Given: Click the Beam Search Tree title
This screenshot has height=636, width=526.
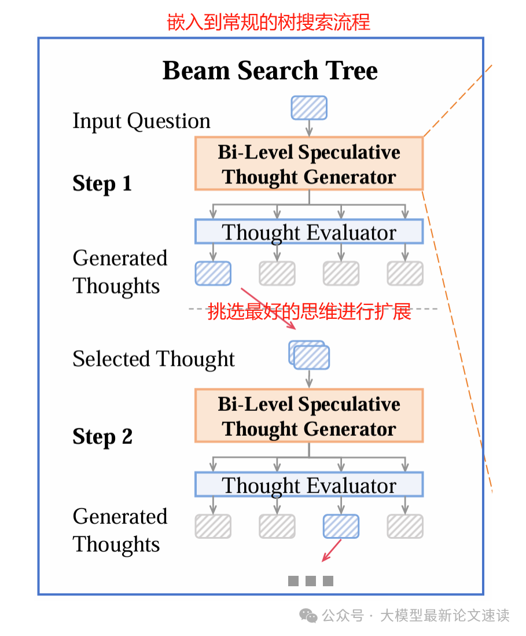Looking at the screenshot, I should click(x=270, y=71).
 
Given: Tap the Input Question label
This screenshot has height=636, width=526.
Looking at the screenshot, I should click(x=141, y=121).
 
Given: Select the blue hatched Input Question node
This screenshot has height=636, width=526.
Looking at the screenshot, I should click(x=308, y=108).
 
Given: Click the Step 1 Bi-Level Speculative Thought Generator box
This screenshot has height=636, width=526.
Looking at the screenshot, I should click(x=309, y=164).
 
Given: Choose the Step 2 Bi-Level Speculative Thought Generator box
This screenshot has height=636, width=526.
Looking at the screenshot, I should click(x=309, y=416).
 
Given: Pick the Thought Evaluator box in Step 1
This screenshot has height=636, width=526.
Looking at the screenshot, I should click(x=309, y=232).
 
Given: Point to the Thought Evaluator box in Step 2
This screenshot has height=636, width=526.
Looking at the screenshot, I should click(x=309, y=485).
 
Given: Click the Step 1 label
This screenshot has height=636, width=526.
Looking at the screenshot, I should click(x=102, y=183).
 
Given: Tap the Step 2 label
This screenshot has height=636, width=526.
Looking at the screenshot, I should click(x=102, y=436).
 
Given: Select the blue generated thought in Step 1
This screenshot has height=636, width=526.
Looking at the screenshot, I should click(x=213, y=273).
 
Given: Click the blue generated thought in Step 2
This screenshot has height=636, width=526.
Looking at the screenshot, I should click(x=341, y=526).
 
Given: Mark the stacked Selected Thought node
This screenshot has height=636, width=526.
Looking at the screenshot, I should click(x=310, y=355).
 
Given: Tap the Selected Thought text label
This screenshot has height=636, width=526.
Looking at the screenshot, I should click(x=153, y=359).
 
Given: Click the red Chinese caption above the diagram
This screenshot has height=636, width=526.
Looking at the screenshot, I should click(x=268, y=22).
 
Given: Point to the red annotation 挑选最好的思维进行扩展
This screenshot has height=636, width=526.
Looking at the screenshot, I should click(x=309, y=311).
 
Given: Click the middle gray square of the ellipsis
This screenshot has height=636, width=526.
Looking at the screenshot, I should click(x=311, y=581).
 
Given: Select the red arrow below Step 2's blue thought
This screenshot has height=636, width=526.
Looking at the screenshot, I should click(x=332, y=550).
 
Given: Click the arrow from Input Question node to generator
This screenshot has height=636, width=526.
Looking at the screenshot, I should click(x=309, y=127).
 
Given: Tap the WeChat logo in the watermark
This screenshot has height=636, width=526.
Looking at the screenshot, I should click(x=308, y=615).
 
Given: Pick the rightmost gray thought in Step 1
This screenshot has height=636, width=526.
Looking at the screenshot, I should click(x=405, y=273).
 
